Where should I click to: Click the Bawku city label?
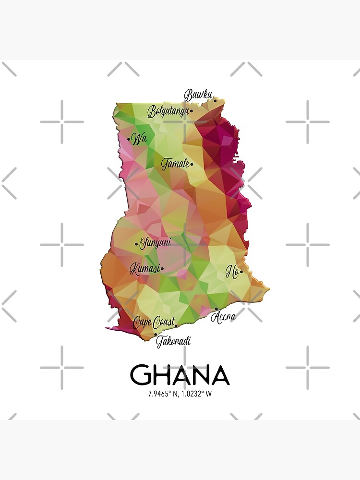pyautogui.click(x=198, y=95)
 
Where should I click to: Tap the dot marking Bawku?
pyautogui.click(x=215, y=101)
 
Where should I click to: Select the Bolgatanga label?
pyautogui.click(x=168, y=112)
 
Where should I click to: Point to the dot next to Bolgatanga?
pyautogui.click(x=191, y=111)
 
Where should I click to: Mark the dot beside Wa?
pyautogui.click(x=129, y=140)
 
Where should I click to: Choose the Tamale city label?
pyautogui.click(x=175, y=164)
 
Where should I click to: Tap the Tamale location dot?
pyautogui.click(x=192, y=164)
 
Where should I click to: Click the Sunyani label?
pyautogui.click(x=155, y=243)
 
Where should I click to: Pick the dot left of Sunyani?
pyautogui.click(x=136, y=244)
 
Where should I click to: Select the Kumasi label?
pyautogui.click(x=144, y=269)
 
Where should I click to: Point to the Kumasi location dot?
pyautogui.click(x=162, y=269)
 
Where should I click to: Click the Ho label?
pyautogui.click(x=232, y=273)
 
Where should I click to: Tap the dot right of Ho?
pyautogui.click(x=241, y=272)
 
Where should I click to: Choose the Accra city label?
pyautogui.click(x=223, y=317)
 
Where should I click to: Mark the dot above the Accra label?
pyautogui.click(x=216, y=309)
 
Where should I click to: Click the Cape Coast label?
pyautogui.click(x=154, y=322)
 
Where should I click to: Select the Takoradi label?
pyautogui.click(x=173, y=341)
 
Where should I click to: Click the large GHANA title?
pyautogui.click(x=180, y=375)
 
